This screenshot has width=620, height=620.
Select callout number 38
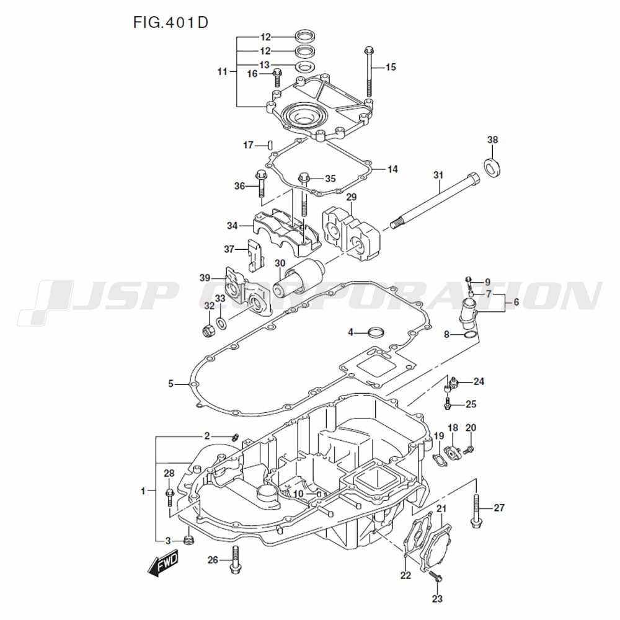click(x=492, y=140)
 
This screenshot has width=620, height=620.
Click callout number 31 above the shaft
click(x=438, y=175)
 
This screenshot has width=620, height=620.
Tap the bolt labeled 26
click(x=234, y=560)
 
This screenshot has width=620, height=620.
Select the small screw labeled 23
click(x=437, y=577)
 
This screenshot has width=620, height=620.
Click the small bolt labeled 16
click(x=277, y=77)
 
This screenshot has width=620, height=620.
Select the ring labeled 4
click(x=376, y=333)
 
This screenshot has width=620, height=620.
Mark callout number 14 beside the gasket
click(x=392, y=169)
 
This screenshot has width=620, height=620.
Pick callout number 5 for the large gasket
click(x=171, y=384)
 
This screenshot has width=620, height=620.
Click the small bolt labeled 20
click(x=469, y=446)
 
